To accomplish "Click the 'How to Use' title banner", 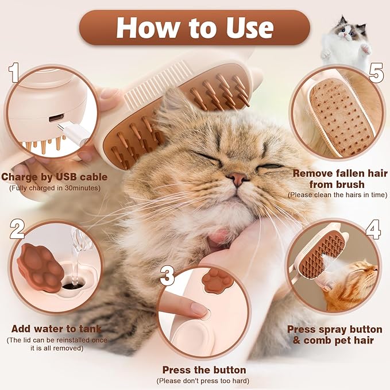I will tap(194, 28).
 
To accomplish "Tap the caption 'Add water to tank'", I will tap(56, 329).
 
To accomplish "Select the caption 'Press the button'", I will tap(204, 370).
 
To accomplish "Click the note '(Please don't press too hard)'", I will tap(204, 381).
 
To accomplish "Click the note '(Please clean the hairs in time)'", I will tap(337, 195).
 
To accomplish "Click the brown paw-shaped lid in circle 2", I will tap(40, 267).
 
